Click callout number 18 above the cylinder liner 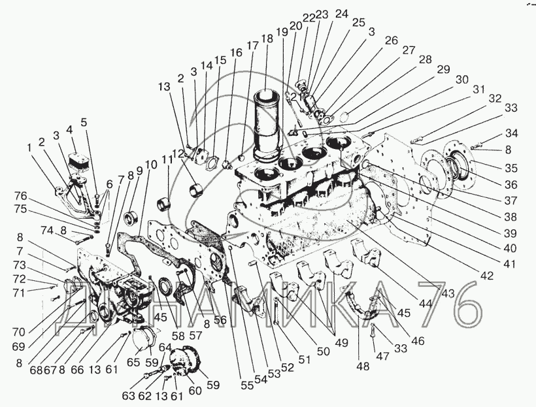267,39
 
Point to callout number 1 30,148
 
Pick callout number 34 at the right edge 511,134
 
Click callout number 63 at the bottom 129,395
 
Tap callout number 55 246,385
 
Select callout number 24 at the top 342,14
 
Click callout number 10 152,165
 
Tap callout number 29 444,69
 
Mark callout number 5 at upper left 84,122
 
